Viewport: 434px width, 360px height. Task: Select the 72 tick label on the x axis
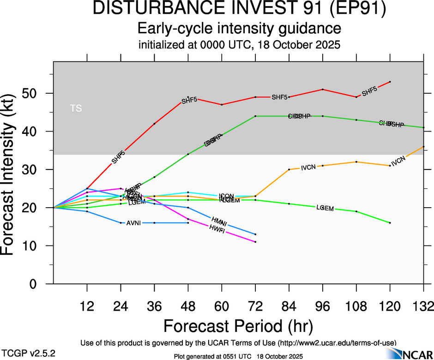[x=255, y=306]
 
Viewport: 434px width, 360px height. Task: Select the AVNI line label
[x=133, y=223]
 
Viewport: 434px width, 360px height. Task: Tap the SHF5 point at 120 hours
[x=390, y=82]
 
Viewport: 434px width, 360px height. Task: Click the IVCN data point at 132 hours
[x=423, y=147]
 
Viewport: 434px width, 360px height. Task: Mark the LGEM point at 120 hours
[x=390, y=223]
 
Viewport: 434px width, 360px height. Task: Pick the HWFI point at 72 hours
[x=255, y=242]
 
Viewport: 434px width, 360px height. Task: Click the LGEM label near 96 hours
[x=325, y=208]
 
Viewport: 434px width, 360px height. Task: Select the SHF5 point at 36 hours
[x=154, y=124]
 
